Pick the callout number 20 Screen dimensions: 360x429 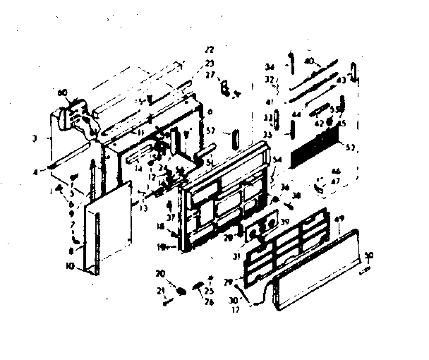(x=159, y=273)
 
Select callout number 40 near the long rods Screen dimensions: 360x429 (x=308, y=61)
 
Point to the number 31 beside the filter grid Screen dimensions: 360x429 (x=236, y=255)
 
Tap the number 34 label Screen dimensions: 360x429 (x=269, y=67)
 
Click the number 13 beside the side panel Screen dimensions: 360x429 (x=143, y=207)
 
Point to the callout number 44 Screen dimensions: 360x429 (x=296, y=114)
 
